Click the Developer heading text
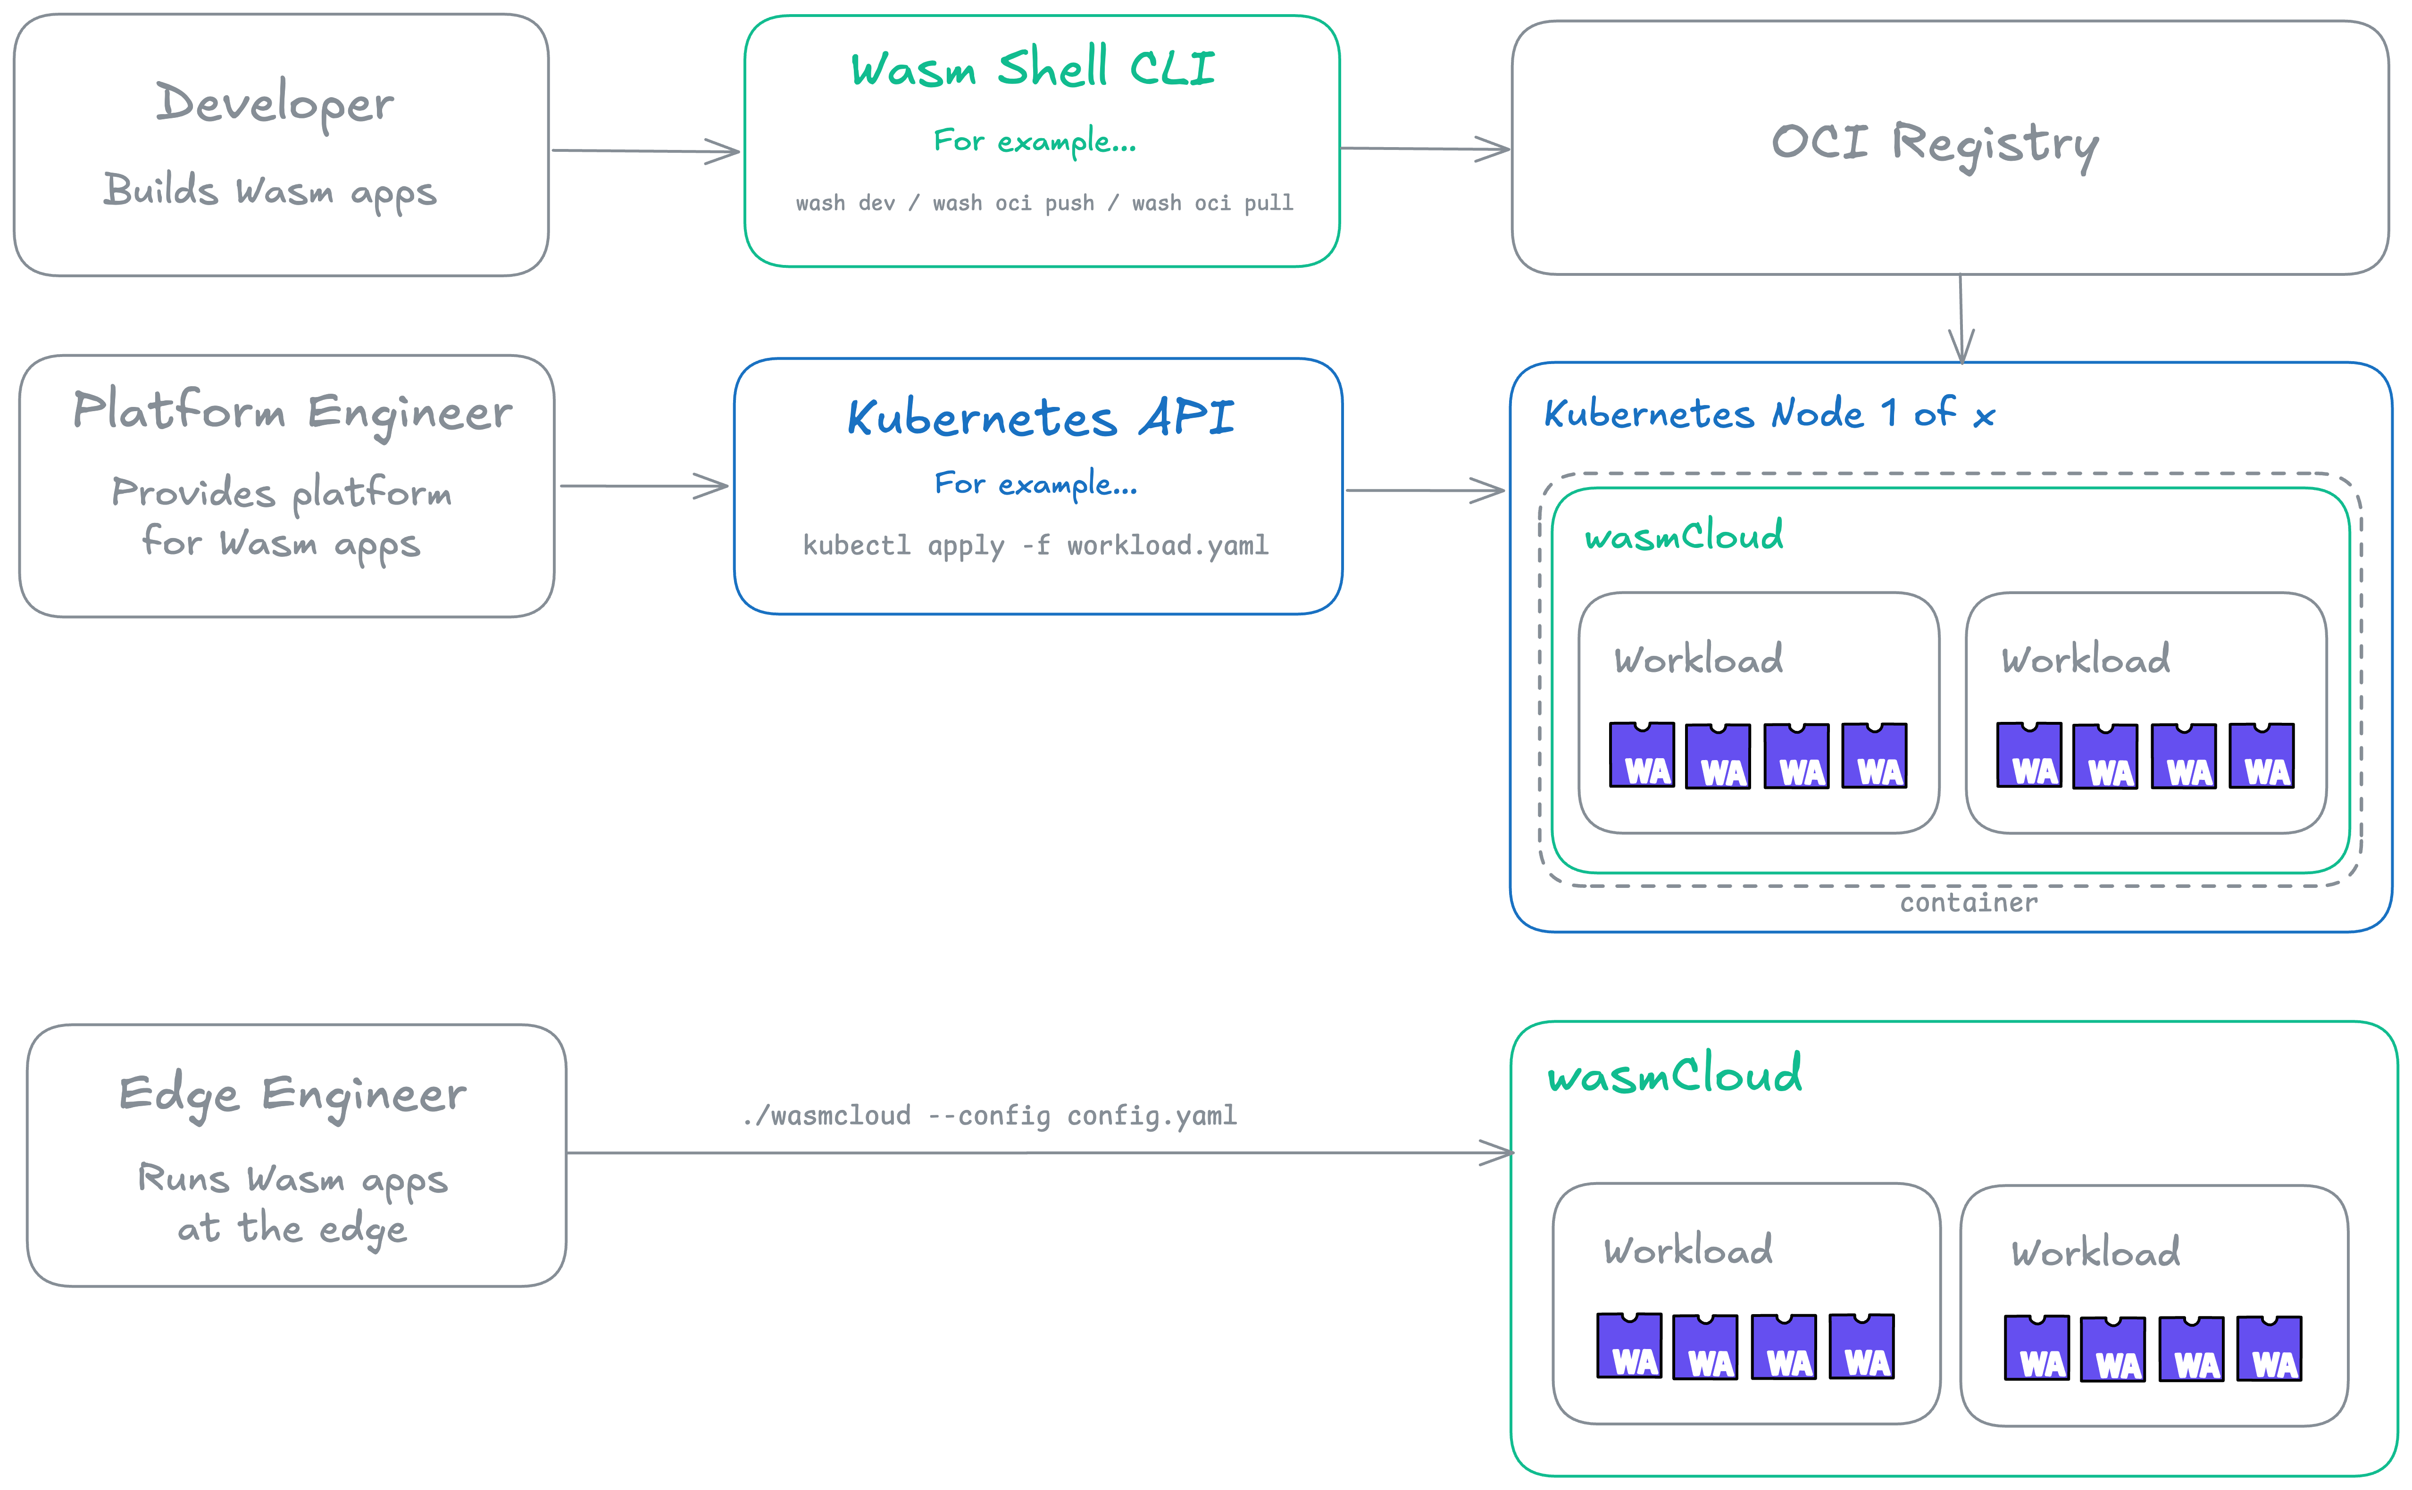click(275, 103)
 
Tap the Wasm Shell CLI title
click(1033, 69)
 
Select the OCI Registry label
click(1935, 144)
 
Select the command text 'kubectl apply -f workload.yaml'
click(1035, 545)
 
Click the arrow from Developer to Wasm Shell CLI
click(646, 151)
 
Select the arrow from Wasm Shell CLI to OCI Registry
click(1424, 149)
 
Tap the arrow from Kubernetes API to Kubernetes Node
click(1424, 490)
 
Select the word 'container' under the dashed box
click(1969, 902)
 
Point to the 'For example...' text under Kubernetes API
click(1035, 484)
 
